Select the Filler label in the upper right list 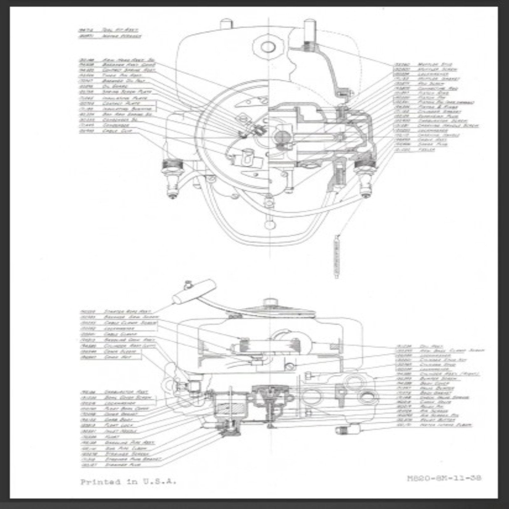click(x=426, y=150)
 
